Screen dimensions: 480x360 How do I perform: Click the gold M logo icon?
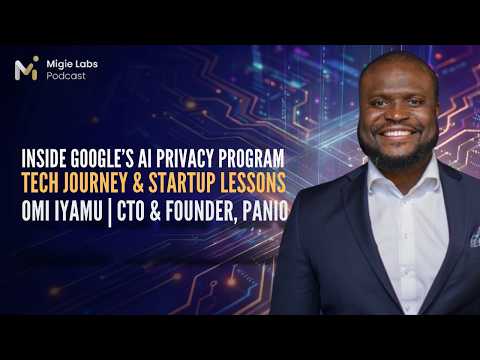click(27, 68)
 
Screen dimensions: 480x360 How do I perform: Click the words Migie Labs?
click(72, 64)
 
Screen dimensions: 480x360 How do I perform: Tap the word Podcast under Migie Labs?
click(66, 76)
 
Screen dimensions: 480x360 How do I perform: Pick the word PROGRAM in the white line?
click(252, 158)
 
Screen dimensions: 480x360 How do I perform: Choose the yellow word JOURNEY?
click(98, 183)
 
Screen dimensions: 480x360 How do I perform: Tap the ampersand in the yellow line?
click(138, 183)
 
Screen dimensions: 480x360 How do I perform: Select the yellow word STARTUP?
click(181, 183)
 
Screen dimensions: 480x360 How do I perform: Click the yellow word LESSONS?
click(253, 183)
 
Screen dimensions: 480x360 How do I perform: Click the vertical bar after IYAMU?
click(110, 212)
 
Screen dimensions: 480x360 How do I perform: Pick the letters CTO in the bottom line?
click(131, 211)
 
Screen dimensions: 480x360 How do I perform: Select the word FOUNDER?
click(202, 211)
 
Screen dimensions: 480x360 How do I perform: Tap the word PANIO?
click(265, 211)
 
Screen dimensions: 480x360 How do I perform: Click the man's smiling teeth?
click(399, 133)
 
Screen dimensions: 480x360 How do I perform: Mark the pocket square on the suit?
click(475, 237)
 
